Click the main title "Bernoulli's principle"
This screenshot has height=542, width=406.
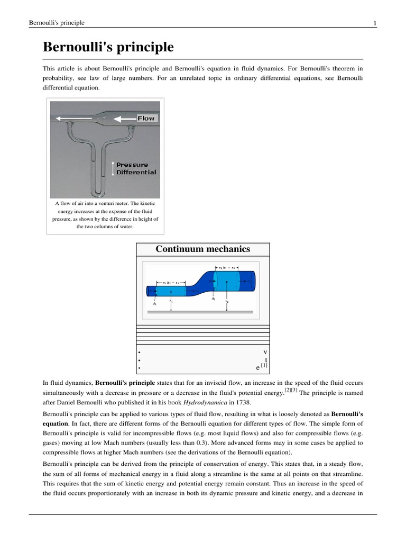[x=108, y=47]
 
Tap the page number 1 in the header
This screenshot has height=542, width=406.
[x=374, y=23]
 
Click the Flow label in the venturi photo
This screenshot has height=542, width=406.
[x=146, y=119]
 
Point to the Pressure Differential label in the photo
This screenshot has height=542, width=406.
[x=136, y=168]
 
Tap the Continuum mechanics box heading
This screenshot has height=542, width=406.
[x=203, y=249]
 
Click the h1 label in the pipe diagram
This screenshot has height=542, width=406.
[x=171, y=301]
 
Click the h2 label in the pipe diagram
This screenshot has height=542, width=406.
[x=227, y=301]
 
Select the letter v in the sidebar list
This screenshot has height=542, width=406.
[x=265, y=352]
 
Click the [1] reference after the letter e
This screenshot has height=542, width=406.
[x=264, y=365]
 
